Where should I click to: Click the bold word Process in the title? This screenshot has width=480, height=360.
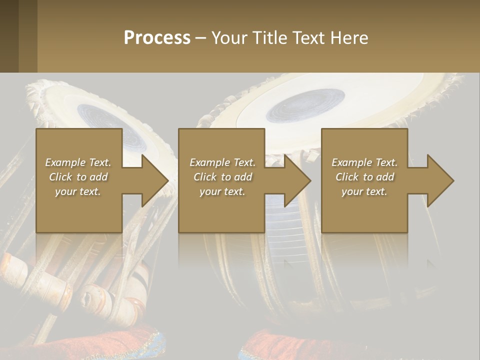click(157, 38)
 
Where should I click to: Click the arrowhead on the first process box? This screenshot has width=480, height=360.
click(155, 180)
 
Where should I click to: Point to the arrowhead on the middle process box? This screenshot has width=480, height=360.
click(297, 180)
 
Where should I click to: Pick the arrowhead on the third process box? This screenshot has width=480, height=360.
click(440, 180)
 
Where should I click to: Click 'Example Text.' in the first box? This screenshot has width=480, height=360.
click(78, 162)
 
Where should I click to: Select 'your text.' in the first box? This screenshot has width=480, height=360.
click(78, 191)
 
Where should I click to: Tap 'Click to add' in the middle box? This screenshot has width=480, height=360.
click(222, 177)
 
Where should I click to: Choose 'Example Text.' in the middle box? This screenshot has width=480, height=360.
click(222, 162)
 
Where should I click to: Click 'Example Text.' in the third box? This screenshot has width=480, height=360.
click(364, 162)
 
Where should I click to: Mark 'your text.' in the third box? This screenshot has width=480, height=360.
click(364, 191)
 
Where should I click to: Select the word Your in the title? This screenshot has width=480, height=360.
click(228, 38)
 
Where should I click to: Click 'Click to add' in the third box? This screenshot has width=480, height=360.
click(364, 177)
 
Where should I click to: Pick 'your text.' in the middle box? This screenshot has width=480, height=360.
click(222, 191)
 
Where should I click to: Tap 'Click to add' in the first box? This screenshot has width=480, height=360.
click(78, 177)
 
